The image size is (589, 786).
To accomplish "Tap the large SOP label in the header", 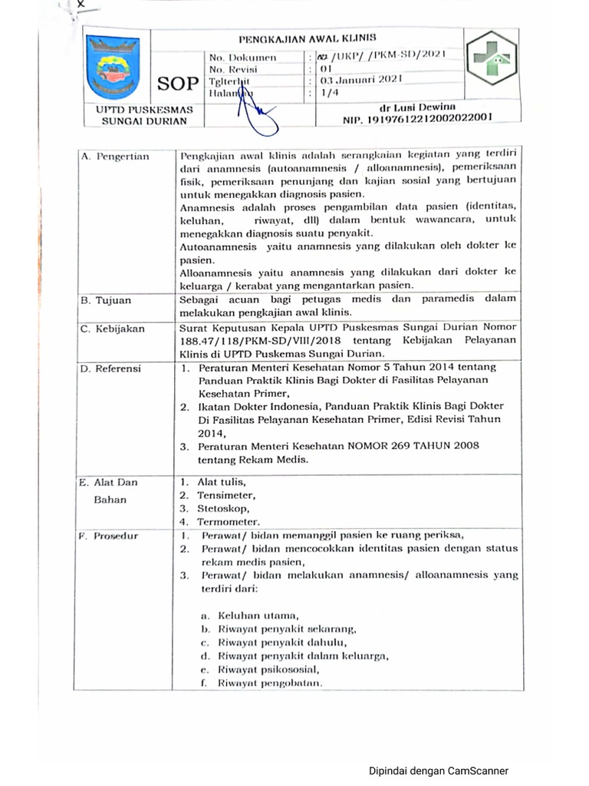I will click(x=178, y=83).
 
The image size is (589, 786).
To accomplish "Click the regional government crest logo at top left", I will click(x=113, y=68).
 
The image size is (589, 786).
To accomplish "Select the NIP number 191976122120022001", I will click(x=417, y=118).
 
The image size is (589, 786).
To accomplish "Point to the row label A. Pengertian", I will click(x=115, y=157).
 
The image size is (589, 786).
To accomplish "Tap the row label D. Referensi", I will click(x=111, y=368).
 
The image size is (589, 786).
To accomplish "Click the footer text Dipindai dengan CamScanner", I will click(x=438, y=771).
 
